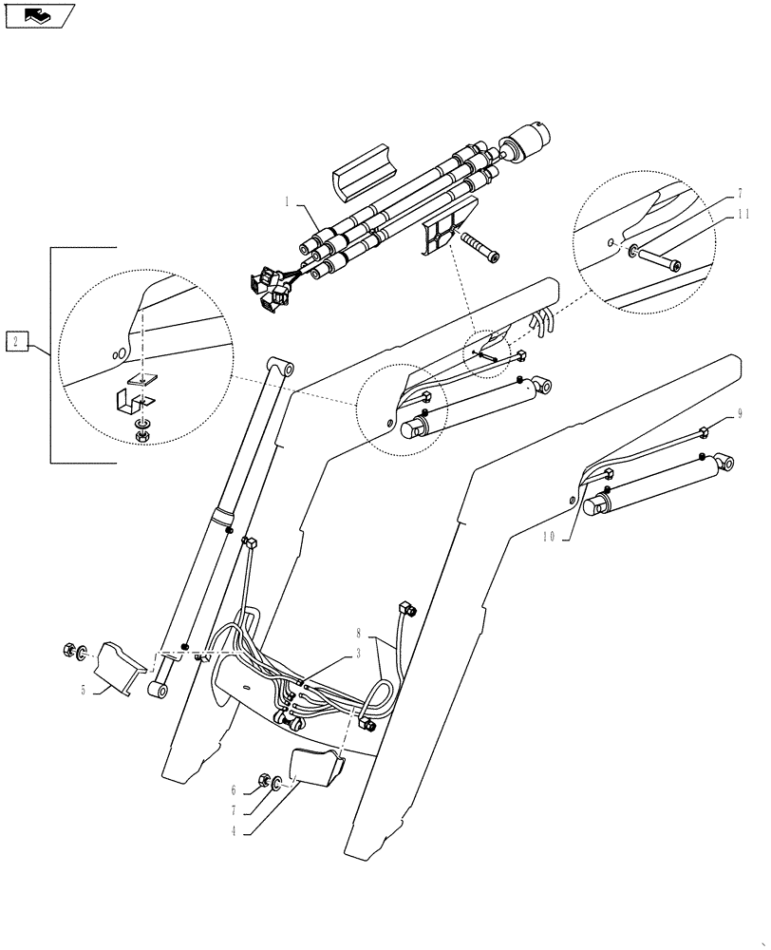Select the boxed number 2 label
point(16,340)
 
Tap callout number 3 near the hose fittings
point(359,654)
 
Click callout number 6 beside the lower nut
point(234,789)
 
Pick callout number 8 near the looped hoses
point(359,632)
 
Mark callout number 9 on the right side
point(739,415)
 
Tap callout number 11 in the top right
point(743,215)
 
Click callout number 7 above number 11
point(741,193)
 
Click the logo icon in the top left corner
point(39,14)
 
